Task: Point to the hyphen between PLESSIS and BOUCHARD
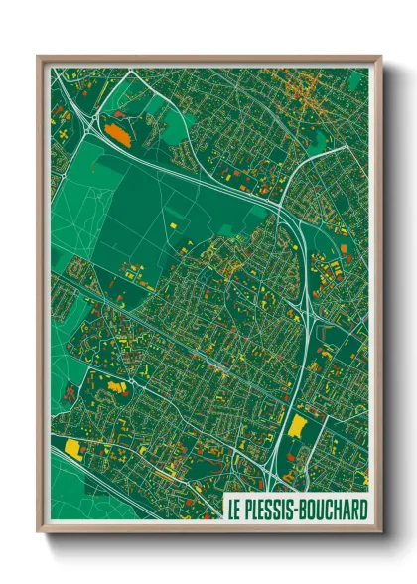pyautogui.click(x=299, y=509)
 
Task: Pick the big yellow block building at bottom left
pyautogui.click(x=72, y=448)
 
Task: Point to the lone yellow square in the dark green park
pyautogui.click(x=172, y=226)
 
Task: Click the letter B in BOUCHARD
pyautogui.click(x=307, y=508)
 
